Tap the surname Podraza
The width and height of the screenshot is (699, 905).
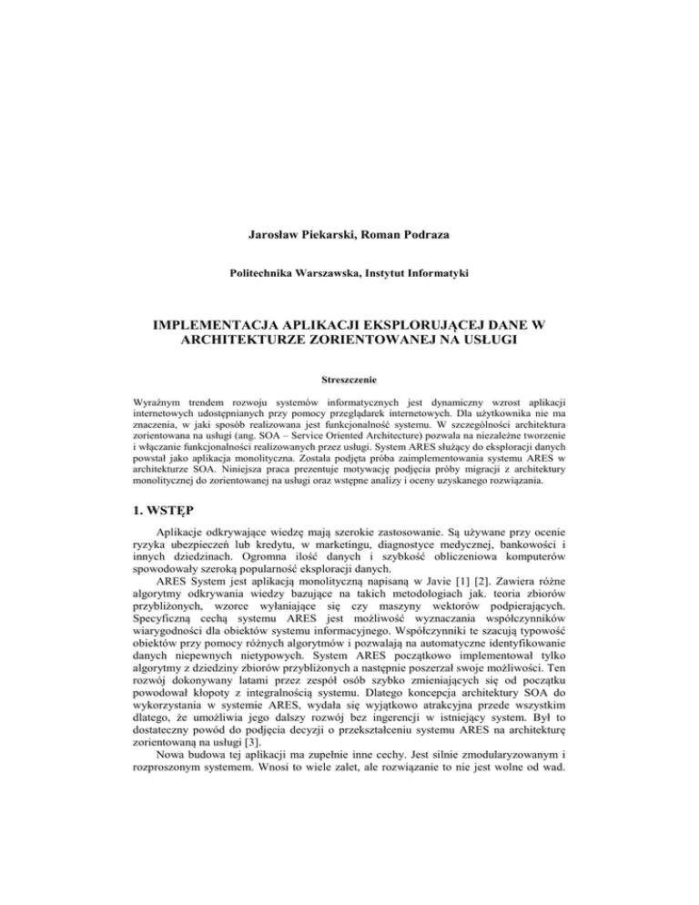(422, 235)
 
